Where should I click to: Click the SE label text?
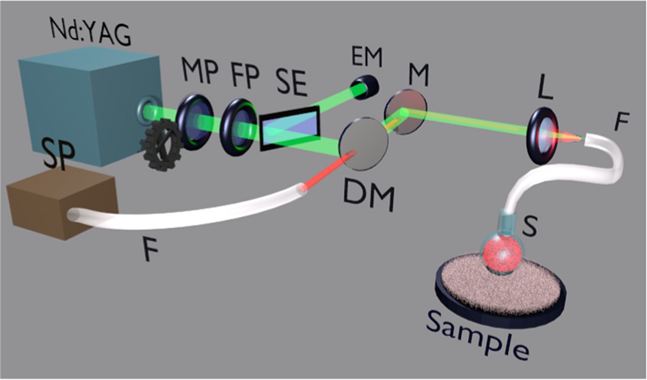coord(291,83)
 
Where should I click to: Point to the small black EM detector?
coord(361,89)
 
